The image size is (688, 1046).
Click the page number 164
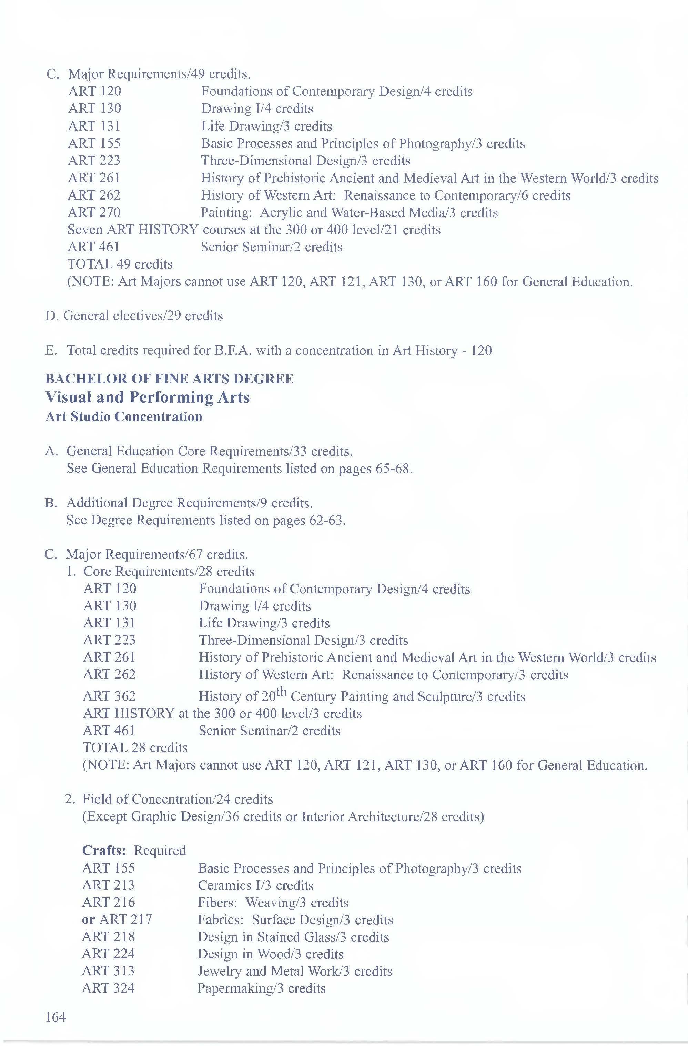55,1017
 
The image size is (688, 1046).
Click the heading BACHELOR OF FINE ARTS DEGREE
170,379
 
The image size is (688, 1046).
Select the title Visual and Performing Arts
148,397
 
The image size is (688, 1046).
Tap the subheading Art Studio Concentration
124,417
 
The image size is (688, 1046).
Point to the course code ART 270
94,213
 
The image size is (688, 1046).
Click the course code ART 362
109,696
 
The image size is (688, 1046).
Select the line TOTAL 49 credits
120,264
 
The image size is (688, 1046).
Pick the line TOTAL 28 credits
135,747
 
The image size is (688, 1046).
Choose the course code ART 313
108,971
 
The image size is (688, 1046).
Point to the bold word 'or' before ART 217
88,919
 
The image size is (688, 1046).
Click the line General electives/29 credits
134,316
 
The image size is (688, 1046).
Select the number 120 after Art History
481,351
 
